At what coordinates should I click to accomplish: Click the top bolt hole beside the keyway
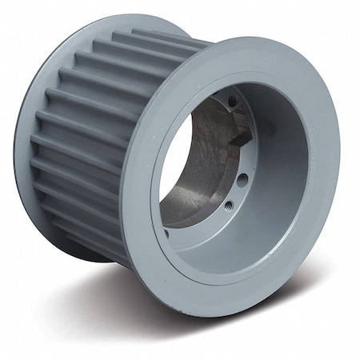pyautogui.click(x=233, y=102)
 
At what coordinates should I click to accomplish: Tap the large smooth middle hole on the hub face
pyautogui.click(x=242, y=180)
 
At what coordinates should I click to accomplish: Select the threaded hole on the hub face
pyautogui.click(x=230, y=206)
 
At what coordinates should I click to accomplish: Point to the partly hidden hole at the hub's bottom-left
pyautogui.click(x=166, y=233)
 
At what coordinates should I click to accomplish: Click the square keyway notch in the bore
pyautogui.click(x=239, y=138)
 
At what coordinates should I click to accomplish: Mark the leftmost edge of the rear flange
pyautogui.click(x=18, y=144)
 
